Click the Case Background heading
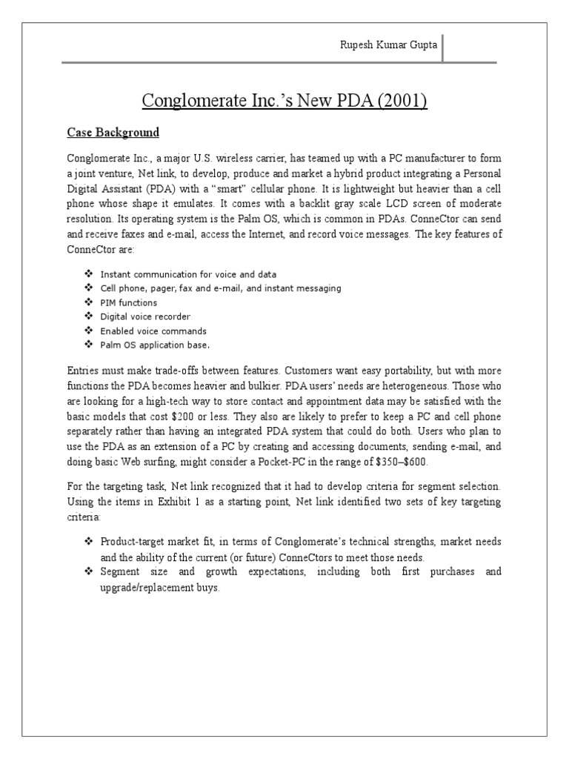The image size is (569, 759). (x=113, y=133)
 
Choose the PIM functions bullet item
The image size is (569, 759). (x=129, y=302)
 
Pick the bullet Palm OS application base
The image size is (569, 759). (x=156, y=345)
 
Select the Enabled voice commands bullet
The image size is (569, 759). (x=153, y=331)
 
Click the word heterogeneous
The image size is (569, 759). (x=417, y=386)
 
